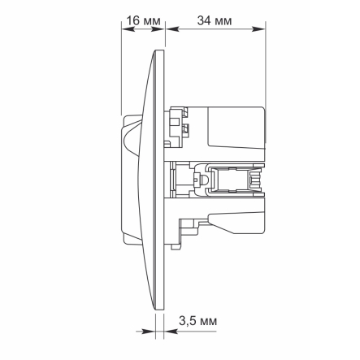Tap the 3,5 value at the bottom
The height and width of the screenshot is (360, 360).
[x=186, y=321]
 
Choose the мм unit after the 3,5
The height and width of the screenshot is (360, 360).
[x=208, y=321]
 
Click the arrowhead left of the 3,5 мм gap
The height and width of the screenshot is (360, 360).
[x=150, y=332]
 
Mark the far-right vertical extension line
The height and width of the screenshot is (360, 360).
[x=267, y=65]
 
